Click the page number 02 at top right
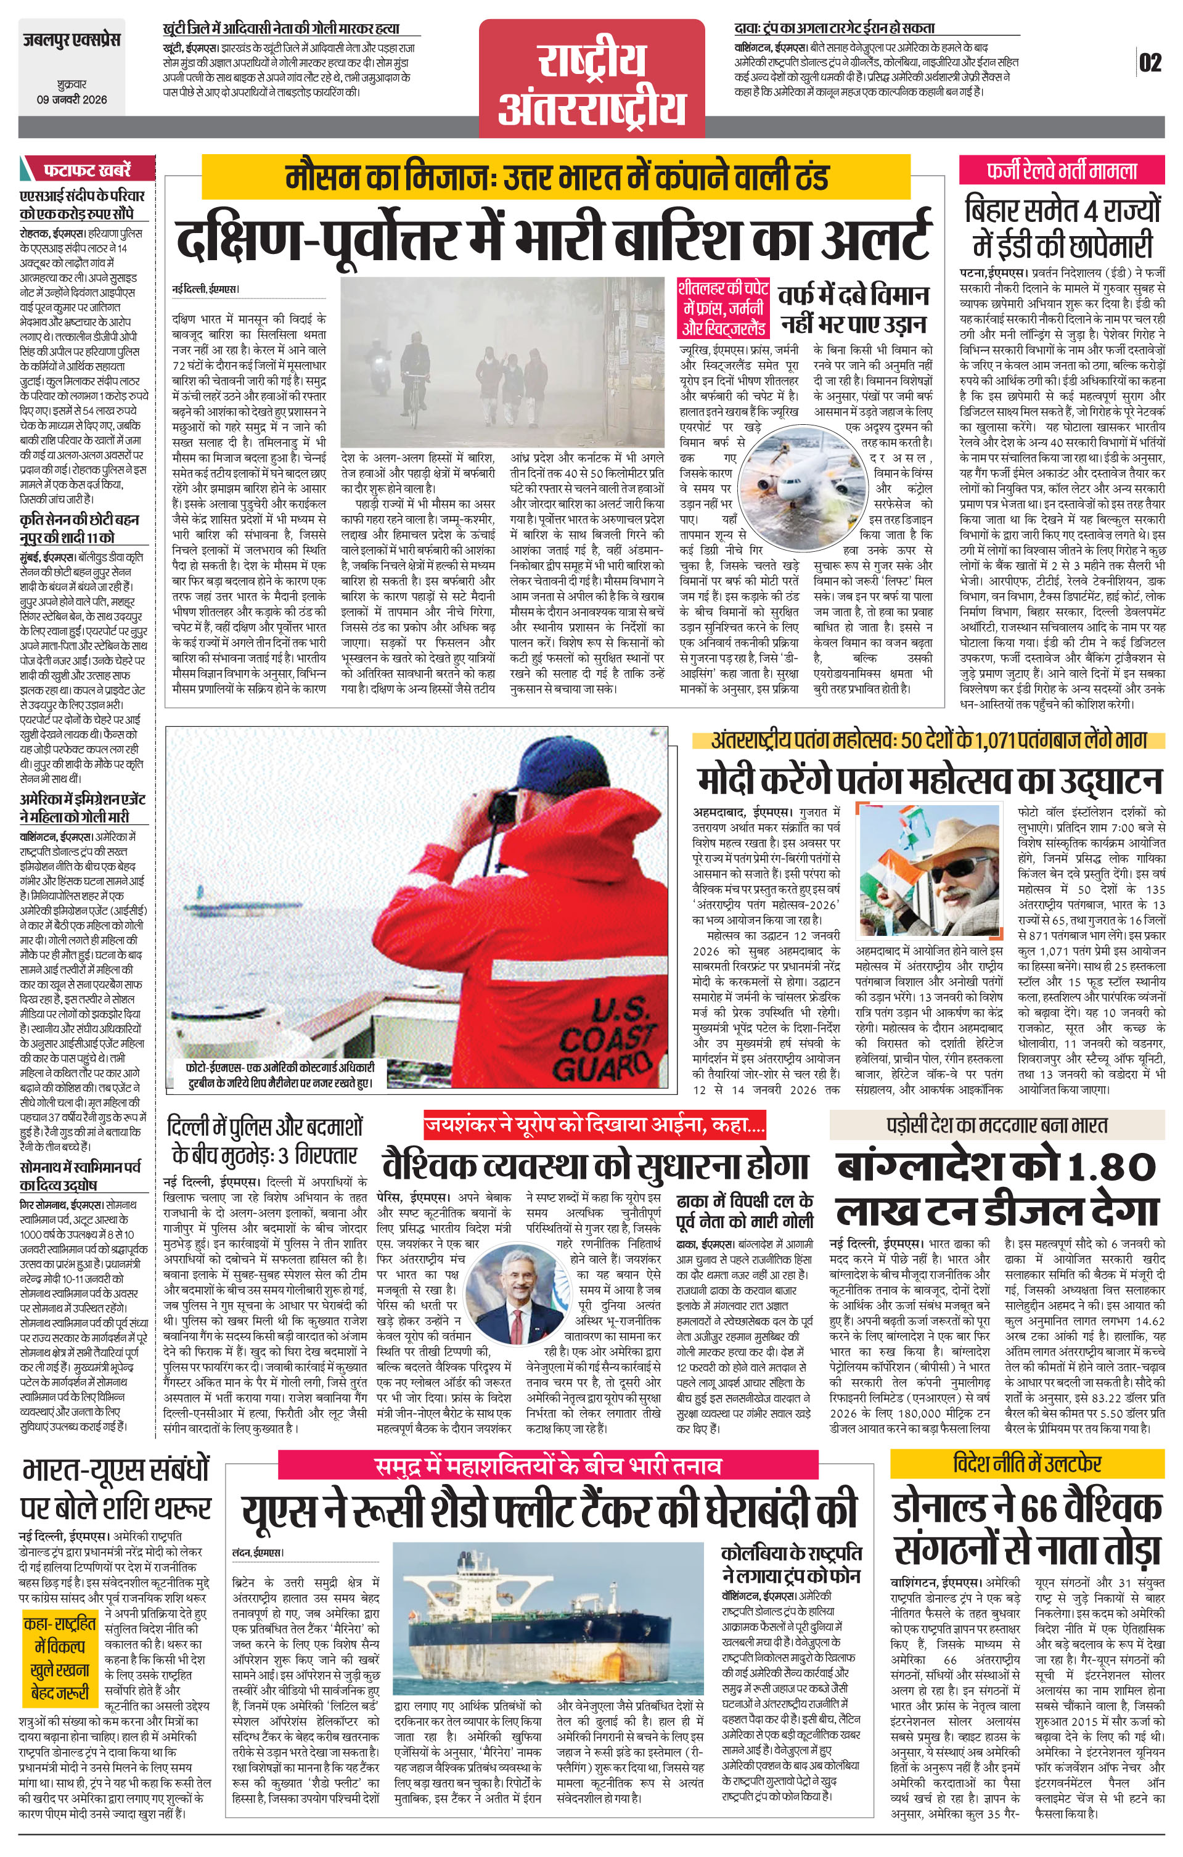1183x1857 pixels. [x=1150, y=62]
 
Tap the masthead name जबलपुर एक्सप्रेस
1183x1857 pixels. [x=72, y=40]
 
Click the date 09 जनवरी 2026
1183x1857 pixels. [x=72, y=99]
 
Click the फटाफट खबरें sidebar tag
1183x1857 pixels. [x=87, y=169]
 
